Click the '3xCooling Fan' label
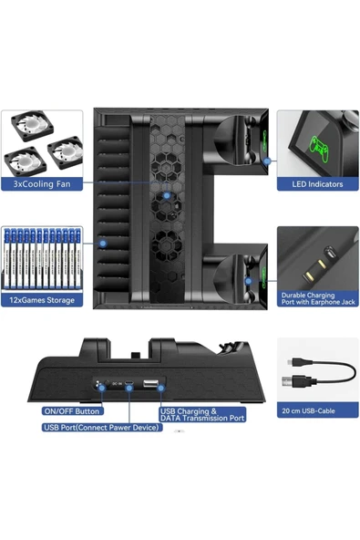pos(42,184)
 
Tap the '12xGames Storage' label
pos(42,300)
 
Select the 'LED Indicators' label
pos(317,184)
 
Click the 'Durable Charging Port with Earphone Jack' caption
pos(318,298)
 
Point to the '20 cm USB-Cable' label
pos(308,410)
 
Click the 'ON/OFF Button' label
pos(72,411)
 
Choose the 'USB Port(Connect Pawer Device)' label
pos(102,428)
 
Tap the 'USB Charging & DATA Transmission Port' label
pos(202,415)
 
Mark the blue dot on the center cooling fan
pos(167,195)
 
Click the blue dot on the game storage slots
pos(103,244)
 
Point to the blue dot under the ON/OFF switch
pos(102,389)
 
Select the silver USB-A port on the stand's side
pos(150,383)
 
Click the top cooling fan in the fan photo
pos(33,125)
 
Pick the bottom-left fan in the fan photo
pos(25,161)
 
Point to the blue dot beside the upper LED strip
pos(267,161)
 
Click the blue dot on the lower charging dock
pos(249,281)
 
